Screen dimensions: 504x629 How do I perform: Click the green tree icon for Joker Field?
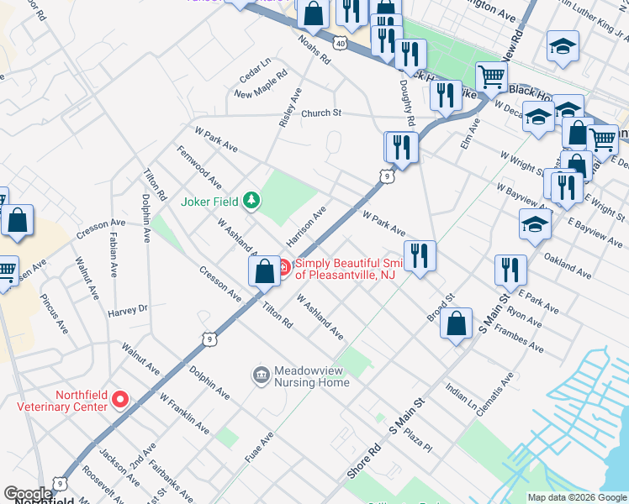click(251, 201)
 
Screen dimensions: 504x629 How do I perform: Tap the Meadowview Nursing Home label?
click(312, 376)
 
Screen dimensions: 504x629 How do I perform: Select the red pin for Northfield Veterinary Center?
click(120, 400)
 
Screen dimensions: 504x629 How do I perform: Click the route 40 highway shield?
click(339, 42)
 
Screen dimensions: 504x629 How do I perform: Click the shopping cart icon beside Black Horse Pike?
click(492, 77)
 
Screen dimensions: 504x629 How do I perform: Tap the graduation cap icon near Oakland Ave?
click(535, 224)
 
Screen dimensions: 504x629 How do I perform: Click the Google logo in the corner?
click(28, 494)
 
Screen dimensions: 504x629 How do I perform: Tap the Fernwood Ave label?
click(199, 166)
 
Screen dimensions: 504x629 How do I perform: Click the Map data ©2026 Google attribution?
click(576, 497)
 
